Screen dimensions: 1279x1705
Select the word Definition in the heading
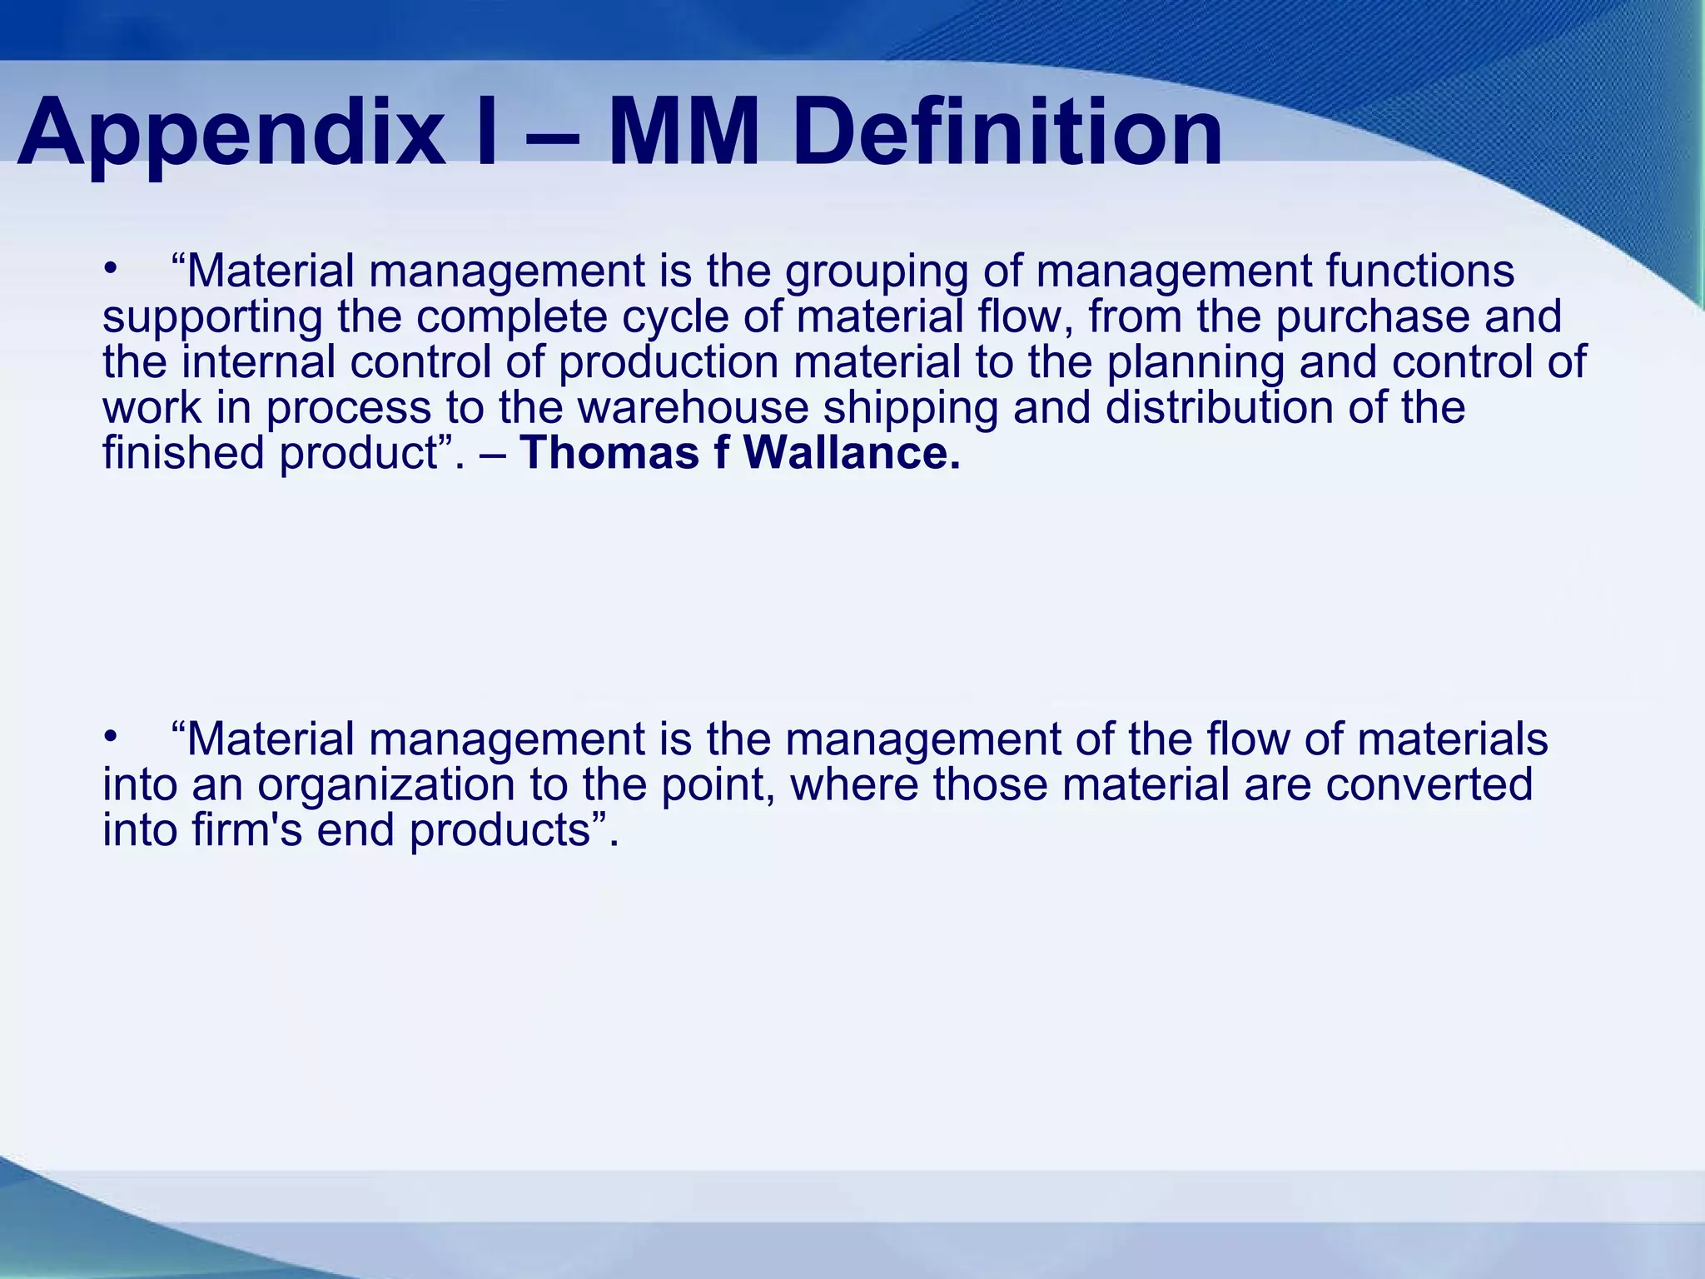pyautogui.click(x=1007, y=133)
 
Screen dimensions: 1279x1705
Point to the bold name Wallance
pyautogui.click(x=851, y=453)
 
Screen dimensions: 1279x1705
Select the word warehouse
pyautogui.click(x=693, y=408)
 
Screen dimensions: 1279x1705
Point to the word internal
pyautogui.click(x=258, y=362)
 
